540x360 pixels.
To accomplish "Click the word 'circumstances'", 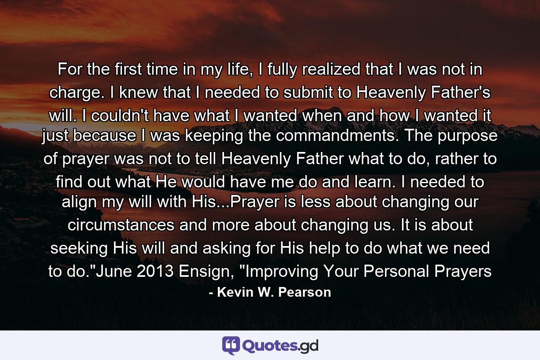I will (x=121, y=225).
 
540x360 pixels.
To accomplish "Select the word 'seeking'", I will (x=79, y=249).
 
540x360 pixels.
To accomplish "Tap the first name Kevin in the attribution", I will (x=234, y=292).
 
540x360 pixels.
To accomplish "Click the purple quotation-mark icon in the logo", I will (x=231, y=345).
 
